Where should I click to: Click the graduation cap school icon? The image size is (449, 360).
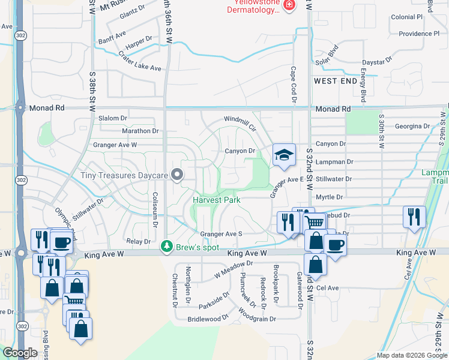284,155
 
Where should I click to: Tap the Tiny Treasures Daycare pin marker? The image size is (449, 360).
176,175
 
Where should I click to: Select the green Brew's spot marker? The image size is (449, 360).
166,247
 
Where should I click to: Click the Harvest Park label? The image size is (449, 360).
216,200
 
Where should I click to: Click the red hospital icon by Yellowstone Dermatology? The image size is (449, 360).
289,5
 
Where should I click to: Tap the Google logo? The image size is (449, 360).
20,353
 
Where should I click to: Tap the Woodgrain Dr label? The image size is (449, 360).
256,316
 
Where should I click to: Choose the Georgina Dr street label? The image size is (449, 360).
413,127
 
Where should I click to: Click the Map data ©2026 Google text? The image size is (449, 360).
412,355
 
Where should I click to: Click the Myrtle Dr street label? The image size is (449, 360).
329,197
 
